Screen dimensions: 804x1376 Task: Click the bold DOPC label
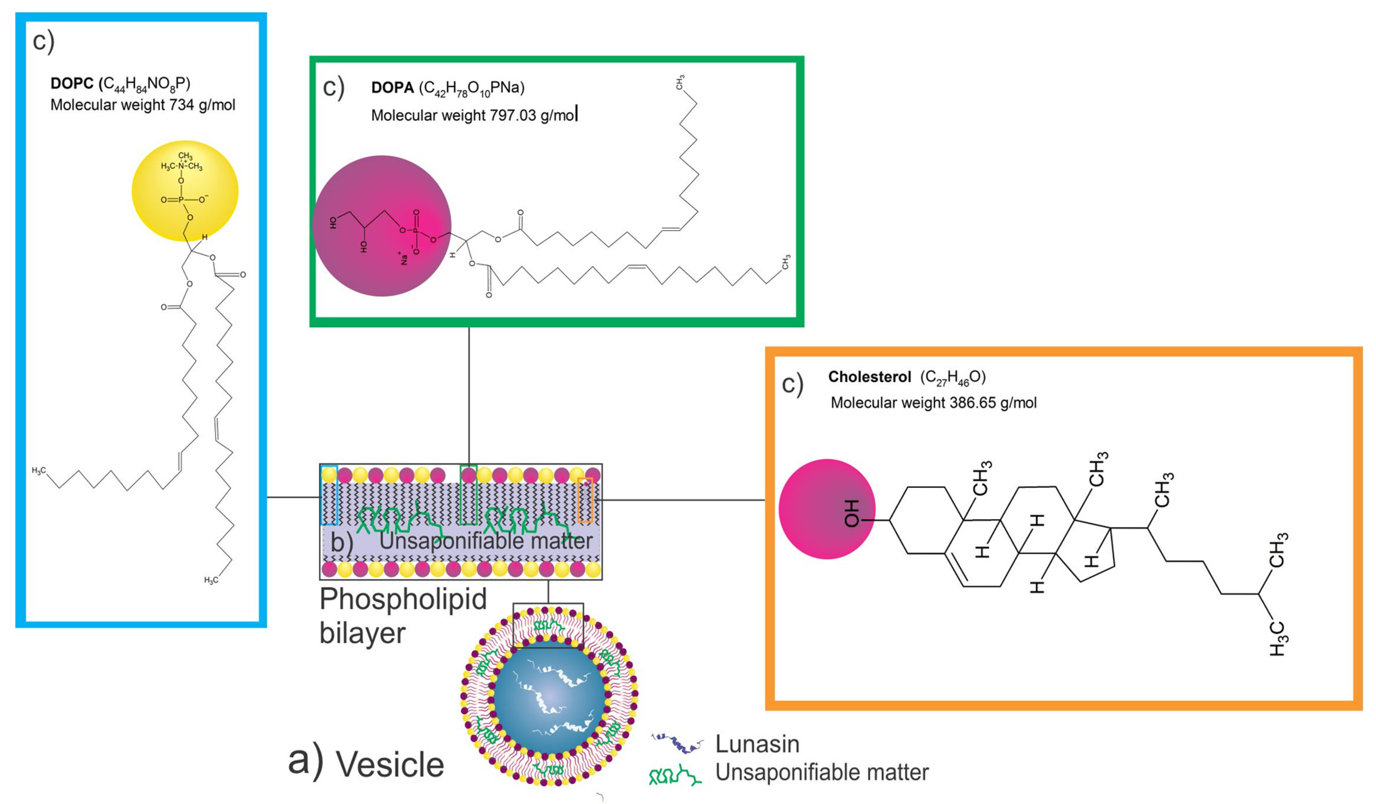(x=72, y=84)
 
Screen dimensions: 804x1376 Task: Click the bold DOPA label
(x=392, y=88)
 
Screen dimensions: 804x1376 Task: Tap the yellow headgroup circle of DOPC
(x=185, y=191)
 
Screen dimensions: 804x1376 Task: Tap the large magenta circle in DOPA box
(x=382, y=226)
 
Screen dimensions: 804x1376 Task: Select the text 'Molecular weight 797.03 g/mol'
(x=473, y=116)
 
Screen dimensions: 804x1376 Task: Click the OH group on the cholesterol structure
(x=852, y=513)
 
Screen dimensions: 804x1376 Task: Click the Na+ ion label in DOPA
(x=403, y=258)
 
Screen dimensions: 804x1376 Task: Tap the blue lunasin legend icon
(x=676, y=743)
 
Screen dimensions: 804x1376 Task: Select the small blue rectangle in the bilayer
(x=329, y=495)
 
